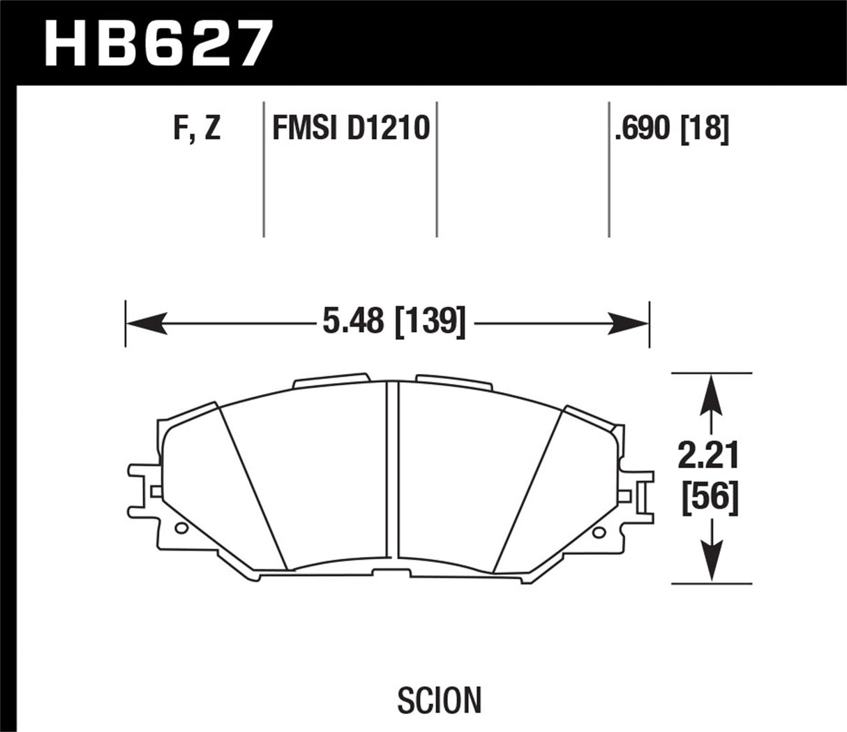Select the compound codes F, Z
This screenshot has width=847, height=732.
(197, 129)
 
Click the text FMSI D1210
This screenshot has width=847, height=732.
(351, 129)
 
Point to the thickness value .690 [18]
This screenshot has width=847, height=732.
(671, 129)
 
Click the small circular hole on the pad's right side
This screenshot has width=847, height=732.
(597, 533)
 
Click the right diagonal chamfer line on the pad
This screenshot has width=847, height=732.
(527, 488)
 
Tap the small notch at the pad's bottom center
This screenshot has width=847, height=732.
(392, 573)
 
